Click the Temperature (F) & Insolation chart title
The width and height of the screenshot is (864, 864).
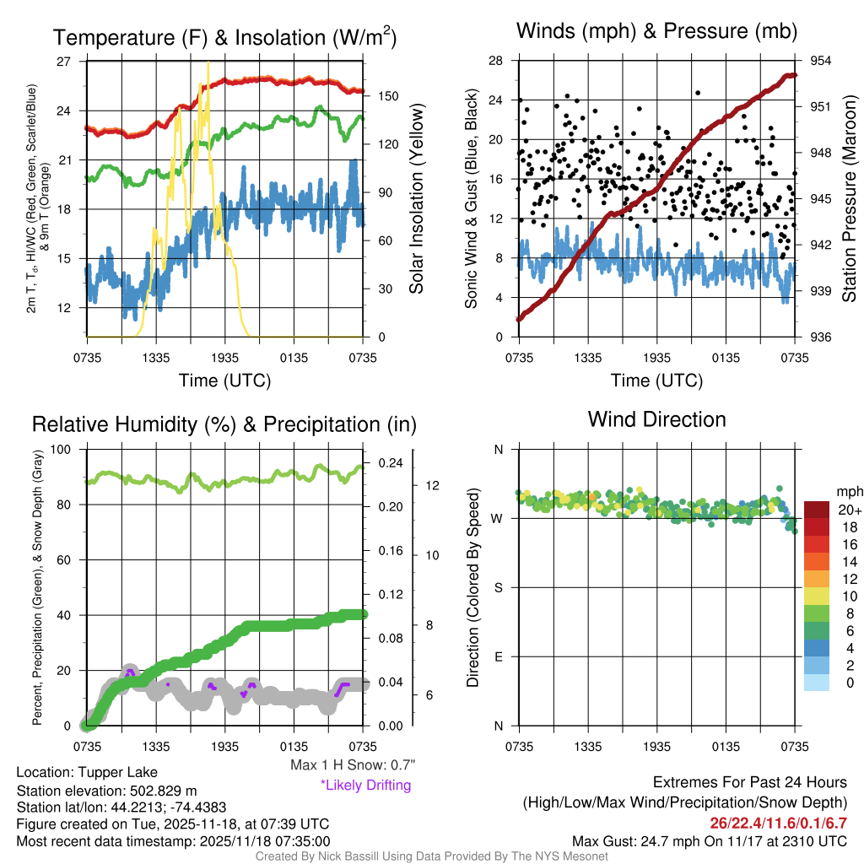point(225,37)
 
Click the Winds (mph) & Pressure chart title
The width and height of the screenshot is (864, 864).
point(657,32)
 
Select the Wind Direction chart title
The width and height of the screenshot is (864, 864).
point(656,419)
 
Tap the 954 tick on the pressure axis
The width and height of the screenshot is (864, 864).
point(822,61)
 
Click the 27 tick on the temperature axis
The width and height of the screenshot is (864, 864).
point(64,62)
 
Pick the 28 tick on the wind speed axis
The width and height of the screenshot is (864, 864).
point(495,61)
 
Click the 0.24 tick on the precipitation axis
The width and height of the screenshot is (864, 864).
point(389,463)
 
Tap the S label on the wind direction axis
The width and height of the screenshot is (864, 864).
point(499,587)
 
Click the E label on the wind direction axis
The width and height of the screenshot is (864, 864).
point(499,656)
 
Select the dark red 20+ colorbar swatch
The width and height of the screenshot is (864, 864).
point(816,510)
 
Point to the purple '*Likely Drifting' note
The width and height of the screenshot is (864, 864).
point(365,786)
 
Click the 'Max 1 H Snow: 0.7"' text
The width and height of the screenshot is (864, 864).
point(352,766)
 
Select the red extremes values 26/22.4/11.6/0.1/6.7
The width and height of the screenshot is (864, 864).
point(778,823)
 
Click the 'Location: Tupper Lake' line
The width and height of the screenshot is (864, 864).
point(86,773)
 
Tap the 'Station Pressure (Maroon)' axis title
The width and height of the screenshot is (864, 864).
point(850,200)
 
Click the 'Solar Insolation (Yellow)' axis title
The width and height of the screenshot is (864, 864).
point(416,198)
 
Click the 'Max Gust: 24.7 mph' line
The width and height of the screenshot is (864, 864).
point(709,840)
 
